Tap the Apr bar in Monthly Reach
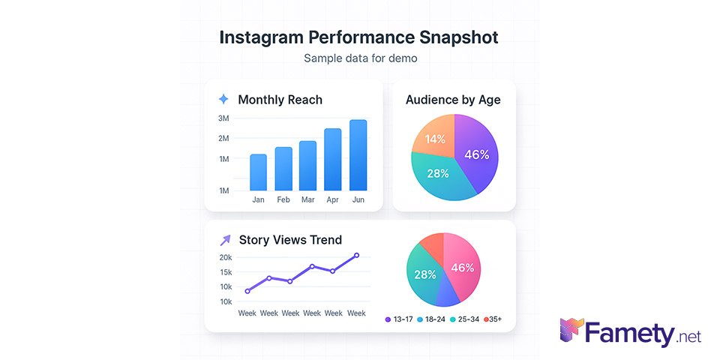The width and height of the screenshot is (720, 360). point(332,159)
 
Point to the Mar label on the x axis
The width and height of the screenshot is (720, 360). point(307,200)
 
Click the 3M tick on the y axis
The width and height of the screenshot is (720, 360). point(223,118)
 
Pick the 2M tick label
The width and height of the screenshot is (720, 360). point(223,139)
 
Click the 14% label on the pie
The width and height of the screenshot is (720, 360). point(435,139)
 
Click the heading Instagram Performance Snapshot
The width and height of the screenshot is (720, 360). point(358,37)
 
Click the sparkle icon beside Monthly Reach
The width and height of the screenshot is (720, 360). point(223,99)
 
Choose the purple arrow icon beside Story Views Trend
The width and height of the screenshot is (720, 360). point(224,240)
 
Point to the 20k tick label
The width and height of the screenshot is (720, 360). point(225,257)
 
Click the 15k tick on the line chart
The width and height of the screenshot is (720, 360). point(225,272)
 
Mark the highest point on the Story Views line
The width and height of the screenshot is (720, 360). point(356,255)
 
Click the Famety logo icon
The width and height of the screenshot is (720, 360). point(571,331)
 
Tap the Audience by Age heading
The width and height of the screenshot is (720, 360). point(453,100)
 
